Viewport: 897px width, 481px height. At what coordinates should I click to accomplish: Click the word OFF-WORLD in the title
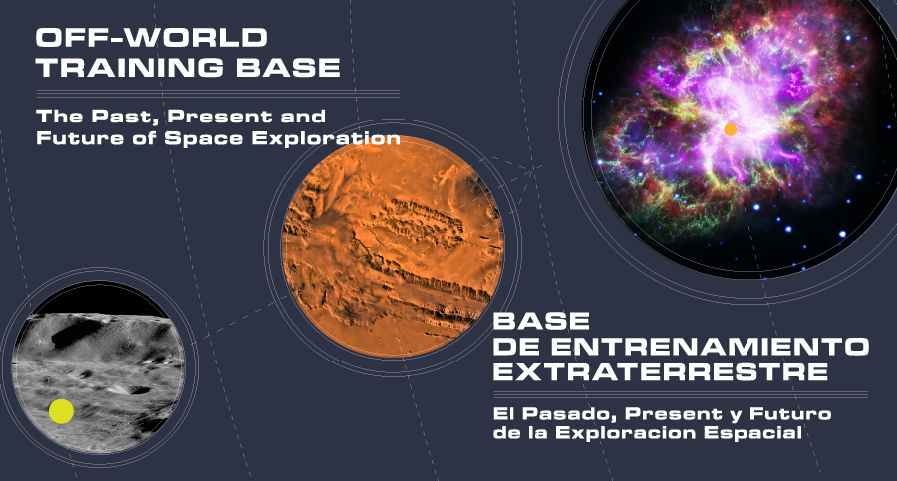(151, 38)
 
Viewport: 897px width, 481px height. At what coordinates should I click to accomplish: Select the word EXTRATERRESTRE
(660, 371)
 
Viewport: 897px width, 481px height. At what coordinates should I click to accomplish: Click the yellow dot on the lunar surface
(61, 411)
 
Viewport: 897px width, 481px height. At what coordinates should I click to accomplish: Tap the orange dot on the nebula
(730, 129)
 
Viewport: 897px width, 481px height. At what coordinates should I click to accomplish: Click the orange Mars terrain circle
(393, 247)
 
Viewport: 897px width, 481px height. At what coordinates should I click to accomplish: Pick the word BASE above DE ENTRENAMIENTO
(541, 321)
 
